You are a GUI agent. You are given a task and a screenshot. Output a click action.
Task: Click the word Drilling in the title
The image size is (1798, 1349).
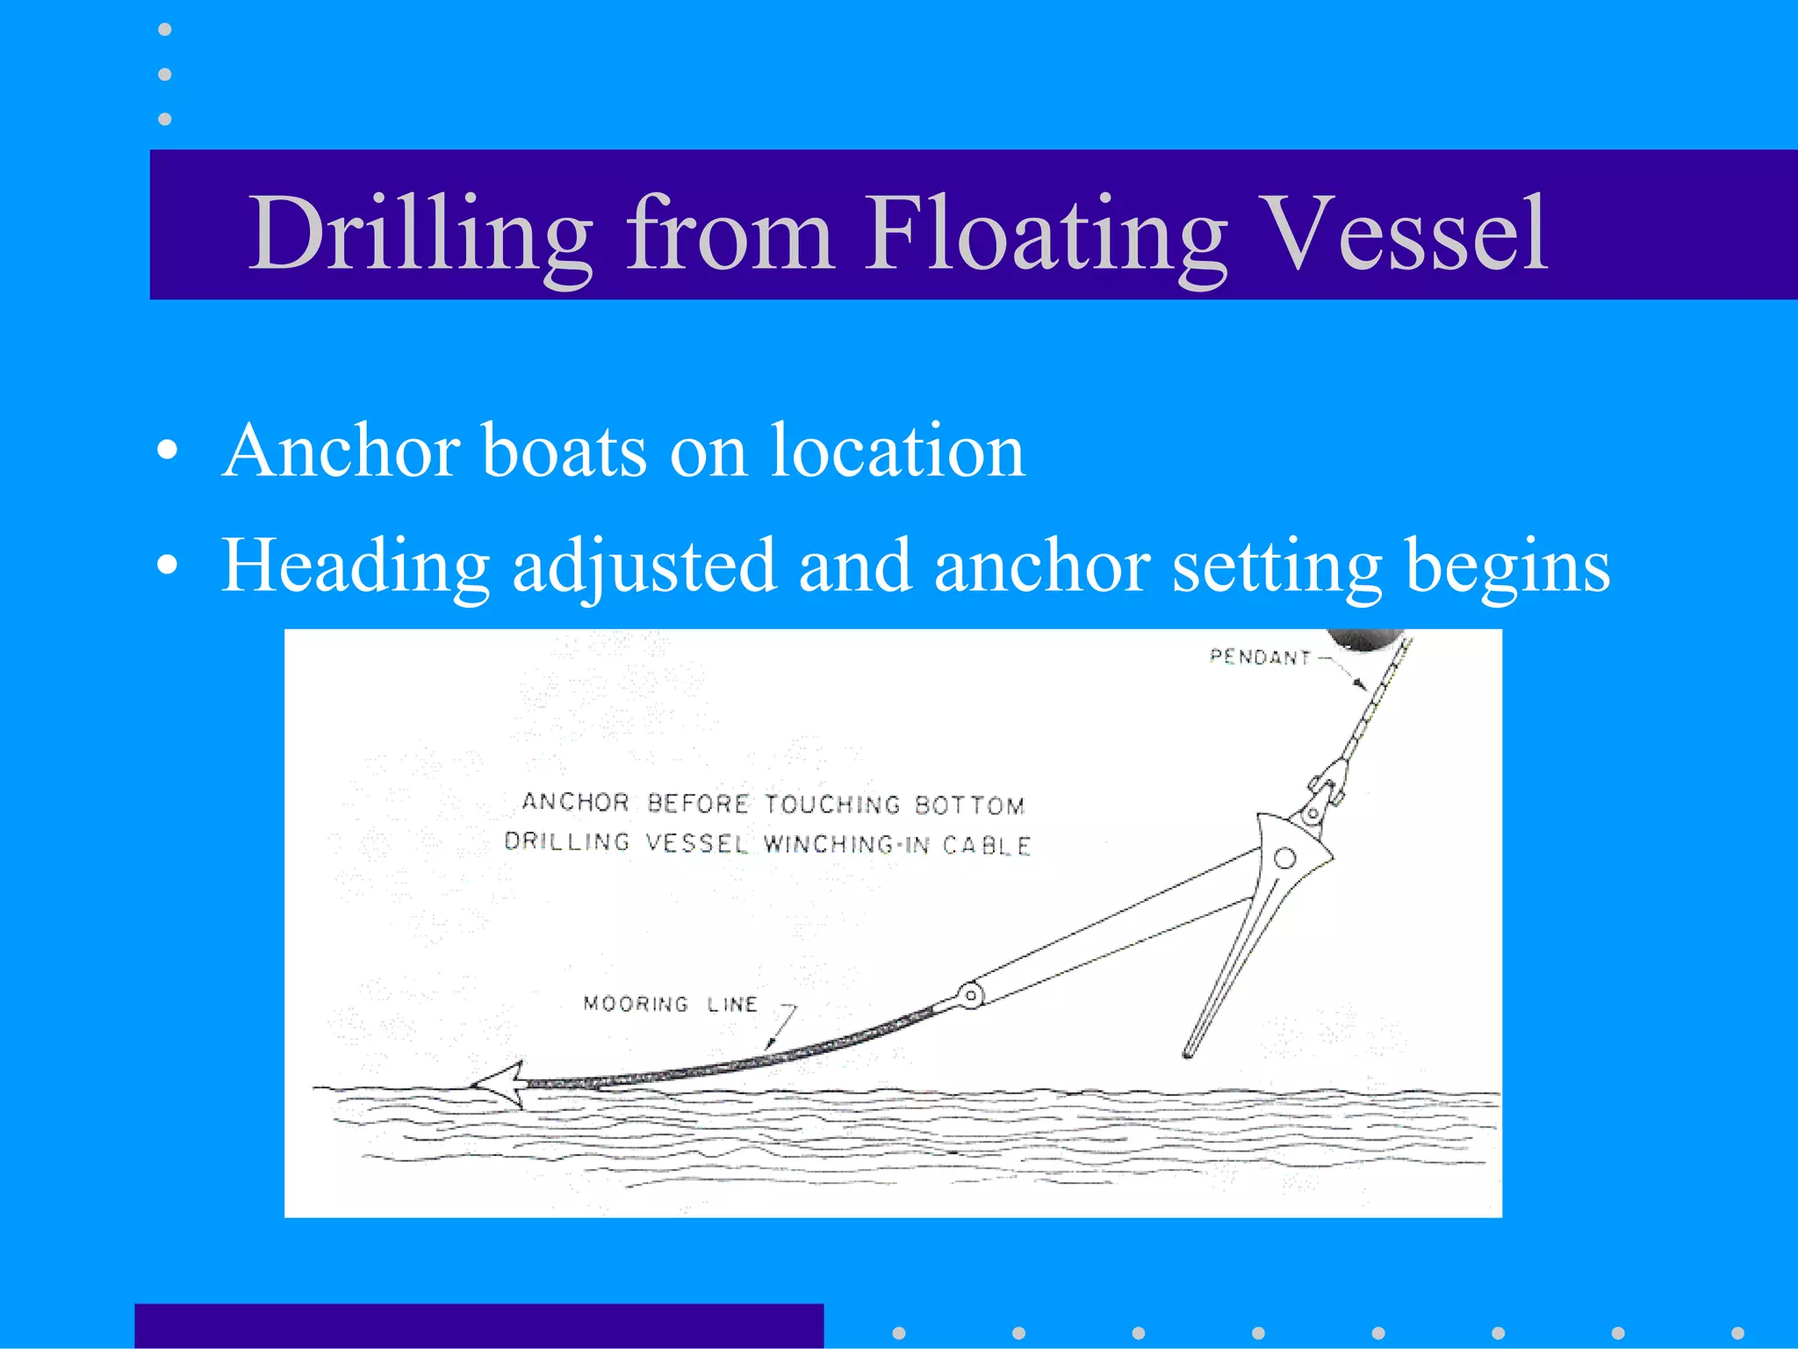420,234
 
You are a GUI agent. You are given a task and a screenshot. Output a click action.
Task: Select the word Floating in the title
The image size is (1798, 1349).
1045,234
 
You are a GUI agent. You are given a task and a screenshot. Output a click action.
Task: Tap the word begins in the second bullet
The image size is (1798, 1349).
1507,566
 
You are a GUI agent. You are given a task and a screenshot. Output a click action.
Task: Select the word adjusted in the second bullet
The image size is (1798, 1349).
644,566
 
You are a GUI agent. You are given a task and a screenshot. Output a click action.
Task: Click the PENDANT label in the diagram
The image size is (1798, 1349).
1260,657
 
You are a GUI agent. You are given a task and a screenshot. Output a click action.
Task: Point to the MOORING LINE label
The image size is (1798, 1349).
670,1004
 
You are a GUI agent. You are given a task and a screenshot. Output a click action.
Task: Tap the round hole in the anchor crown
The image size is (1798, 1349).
1284,858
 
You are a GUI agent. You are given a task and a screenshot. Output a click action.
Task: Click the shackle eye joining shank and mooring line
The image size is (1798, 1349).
970,996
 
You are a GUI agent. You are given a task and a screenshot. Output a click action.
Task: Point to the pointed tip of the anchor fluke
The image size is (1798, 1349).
1188,1052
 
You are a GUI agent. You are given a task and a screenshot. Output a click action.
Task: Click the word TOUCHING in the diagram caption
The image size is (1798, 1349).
832,804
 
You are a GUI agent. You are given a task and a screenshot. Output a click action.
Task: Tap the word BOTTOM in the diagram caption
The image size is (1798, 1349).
969,805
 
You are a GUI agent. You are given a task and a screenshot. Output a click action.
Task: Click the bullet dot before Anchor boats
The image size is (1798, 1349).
167,451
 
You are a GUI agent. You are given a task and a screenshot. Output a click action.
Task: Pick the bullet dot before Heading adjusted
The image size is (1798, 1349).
167,566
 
